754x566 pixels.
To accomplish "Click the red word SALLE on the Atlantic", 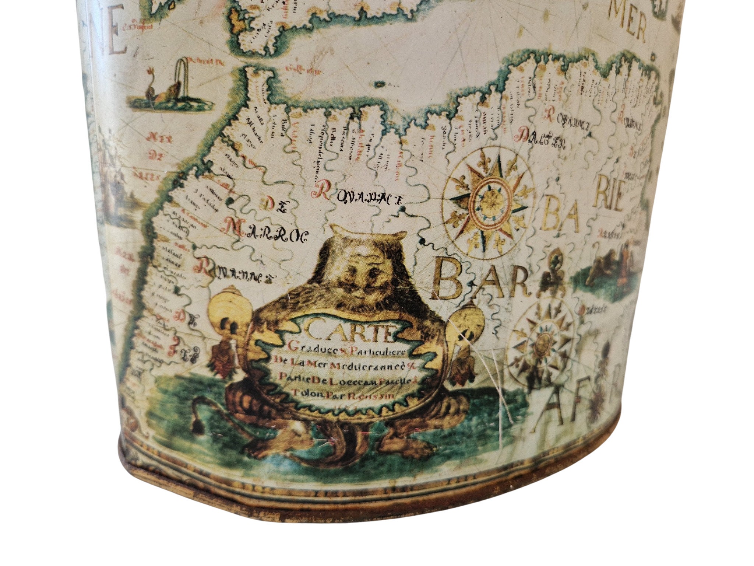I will [146, 176].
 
